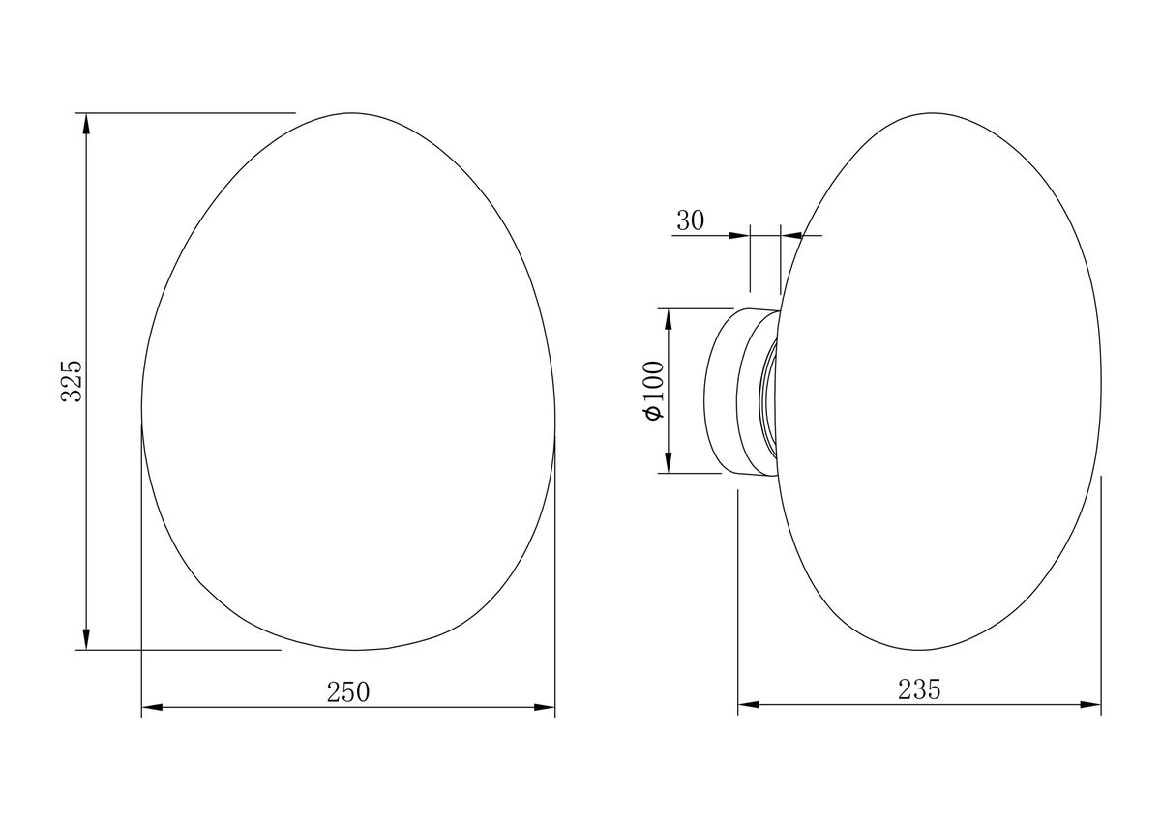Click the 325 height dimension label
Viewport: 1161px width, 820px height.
pyautogui.click(x=72, y=381)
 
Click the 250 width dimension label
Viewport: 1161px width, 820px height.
pyautogui.click(x=348, y=692)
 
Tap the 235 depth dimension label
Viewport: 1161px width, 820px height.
pyautogui.click(x=919, y=690)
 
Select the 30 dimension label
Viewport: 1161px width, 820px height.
pyautogui.click(x=691, y=220)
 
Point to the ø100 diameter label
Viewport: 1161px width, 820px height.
pyautogui.click(x=654, y=391)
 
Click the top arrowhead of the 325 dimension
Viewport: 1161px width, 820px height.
pyautogui.click(x=86, y=124)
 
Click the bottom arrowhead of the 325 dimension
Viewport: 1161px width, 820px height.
pyautogui.click(x=86, y=639)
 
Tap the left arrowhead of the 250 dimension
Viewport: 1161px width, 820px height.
pyautogui.click(x=153, y=707)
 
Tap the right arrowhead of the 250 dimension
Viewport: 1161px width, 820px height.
pyautogui.click(x=544, y=707)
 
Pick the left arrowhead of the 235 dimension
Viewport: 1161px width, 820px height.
pyautogui.click(x=749, y=705)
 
